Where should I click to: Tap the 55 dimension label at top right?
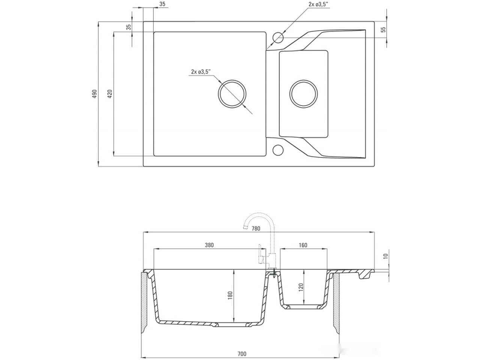coord(383,30)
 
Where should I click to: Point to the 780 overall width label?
coord(256,229)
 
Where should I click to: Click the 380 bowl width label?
coord(209,245)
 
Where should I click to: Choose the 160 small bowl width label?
coord(303,245)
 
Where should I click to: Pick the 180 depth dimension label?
coord(230,295)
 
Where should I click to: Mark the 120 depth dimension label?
coord(301,287)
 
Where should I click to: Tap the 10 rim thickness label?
coord(385,256)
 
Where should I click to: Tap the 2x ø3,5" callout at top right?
coord(319,4)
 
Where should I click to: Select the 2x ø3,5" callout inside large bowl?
coord(201,72)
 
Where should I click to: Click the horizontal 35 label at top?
coord(162,4)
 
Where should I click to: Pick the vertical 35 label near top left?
coord(129,27)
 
